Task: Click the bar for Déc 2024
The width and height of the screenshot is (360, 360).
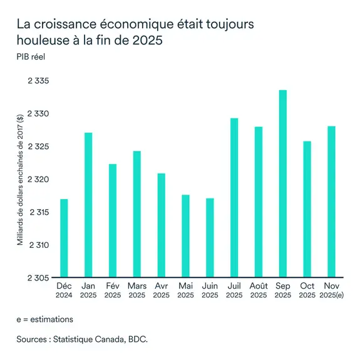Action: click(64, 238)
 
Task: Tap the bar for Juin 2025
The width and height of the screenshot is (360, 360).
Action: click(210, 238)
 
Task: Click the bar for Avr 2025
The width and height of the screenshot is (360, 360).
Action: click(161, 225)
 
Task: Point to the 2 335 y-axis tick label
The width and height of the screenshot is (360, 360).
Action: click(39, 81)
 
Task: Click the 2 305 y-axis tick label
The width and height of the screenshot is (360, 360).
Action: click(39, 277)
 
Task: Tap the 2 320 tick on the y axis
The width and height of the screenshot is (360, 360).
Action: click(39, 180)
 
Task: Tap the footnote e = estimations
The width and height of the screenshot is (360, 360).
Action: click(45, 319)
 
